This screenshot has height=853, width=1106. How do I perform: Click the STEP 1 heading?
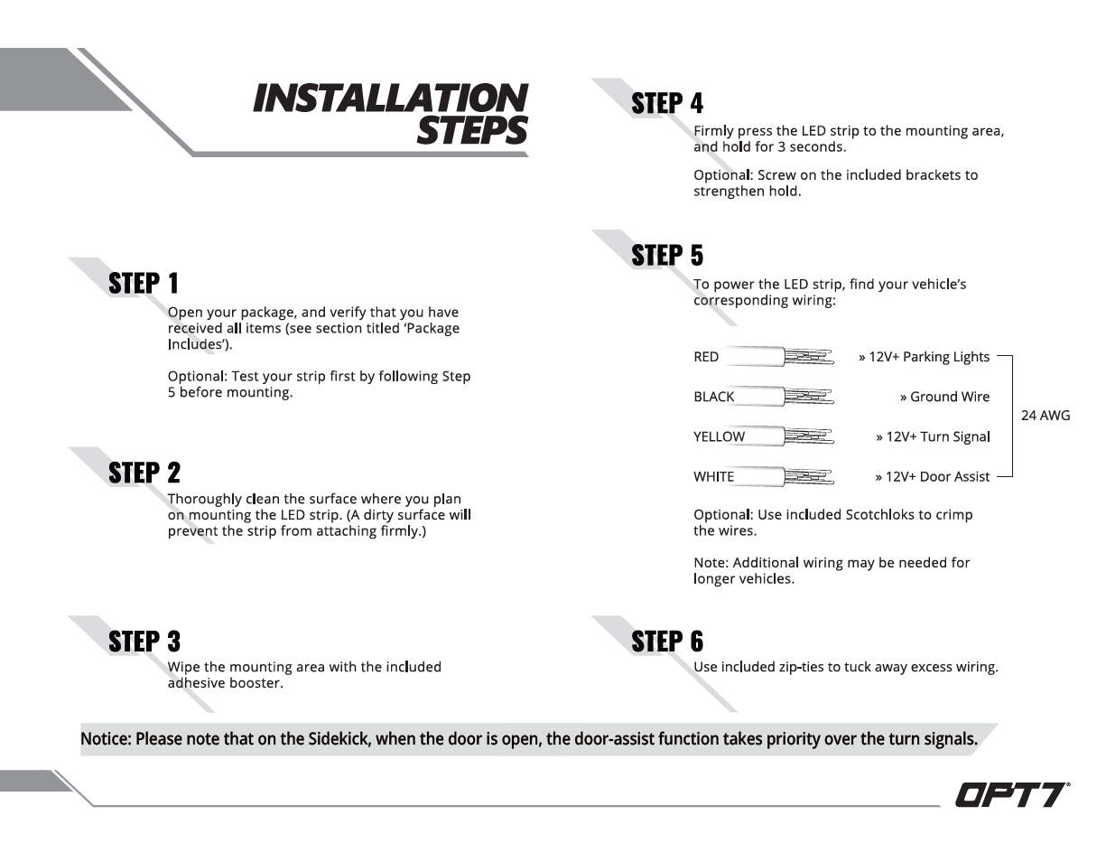click(x=144, y=284)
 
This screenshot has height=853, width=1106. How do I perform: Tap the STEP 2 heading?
click(x=144, y=473)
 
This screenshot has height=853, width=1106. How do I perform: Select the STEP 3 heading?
click(x=144, y=642)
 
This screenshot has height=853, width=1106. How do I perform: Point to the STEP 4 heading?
click(x=667, y=103)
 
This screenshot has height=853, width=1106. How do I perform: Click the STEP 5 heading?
click(x=667, y=256)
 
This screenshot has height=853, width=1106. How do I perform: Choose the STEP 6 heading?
click(x=667, y=642)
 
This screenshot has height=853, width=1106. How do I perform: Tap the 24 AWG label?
click(x=1046, y=417)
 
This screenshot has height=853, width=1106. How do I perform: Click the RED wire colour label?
click(x=706, y=357)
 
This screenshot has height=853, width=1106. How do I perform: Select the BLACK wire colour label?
click(x=714, y=397)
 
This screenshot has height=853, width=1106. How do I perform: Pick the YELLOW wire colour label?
click(x=720, y=436)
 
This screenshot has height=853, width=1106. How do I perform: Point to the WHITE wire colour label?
click(x=714, y=476)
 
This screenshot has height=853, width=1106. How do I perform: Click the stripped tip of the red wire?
click(x=810, y=357)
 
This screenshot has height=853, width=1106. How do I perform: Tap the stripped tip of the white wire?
click(x=810, y=476)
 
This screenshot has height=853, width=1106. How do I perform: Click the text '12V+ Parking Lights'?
click(x=929, y=357)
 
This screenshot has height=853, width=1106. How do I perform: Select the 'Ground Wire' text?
click(x=950, y=397)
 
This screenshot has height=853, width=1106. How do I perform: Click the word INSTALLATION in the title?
click(x=390, y=98)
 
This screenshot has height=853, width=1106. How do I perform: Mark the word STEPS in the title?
click(x=472, y=131)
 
